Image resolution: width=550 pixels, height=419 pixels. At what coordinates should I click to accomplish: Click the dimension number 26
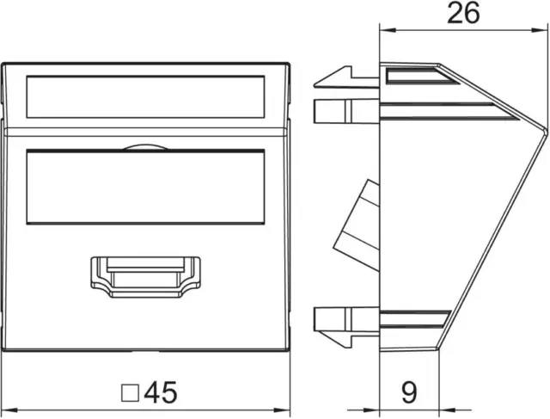[463, 14]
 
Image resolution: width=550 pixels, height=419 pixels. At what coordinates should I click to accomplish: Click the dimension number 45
[161, 392]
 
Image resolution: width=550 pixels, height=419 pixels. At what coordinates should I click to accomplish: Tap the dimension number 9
[409, 392]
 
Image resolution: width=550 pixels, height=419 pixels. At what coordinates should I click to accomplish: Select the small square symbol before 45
[130, 393]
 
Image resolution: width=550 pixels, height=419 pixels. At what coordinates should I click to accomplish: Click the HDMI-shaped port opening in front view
[145, 277]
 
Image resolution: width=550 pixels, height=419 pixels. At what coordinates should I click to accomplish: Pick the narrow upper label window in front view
[145, 97]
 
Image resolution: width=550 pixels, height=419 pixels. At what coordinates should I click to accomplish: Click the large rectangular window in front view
[145, 188]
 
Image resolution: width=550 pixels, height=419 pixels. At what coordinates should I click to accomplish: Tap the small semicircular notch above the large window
[145, 147]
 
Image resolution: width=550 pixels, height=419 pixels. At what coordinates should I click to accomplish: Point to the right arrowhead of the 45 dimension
[282, 410]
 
